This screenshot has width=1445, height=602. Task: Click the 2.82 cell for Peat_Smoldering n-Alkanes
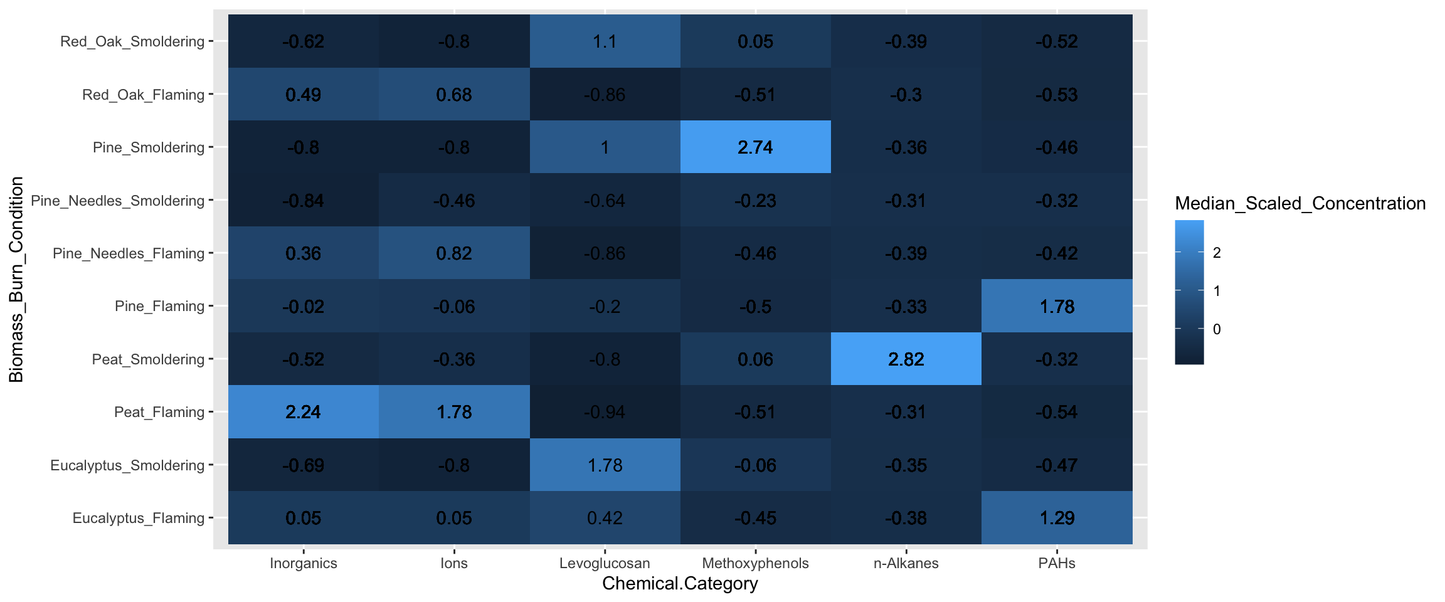click(x=906, y=359)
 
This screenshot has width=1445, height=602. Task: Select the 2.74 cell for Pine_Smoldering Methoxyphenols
click(x=755, y=147)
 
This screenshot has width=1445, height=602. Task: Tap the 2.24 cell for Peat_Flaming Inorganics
click(x=303, y=412)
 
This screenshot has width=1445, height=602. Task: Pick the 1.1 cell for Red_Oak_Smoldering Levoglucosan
click(x=605, y=41)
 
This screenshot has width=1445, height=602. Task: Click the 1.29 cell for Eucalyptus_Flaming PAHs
click(x=1057, y=518)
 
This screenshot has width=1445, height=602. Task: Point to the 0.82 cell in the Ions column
click(x=454, y=253)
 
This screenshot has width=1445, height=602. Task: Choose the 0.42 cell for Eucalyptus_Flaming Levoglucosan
click(x=605, y=518)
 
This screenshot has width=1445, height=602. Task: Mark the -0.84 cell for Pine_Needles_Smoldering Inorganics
click(x=303, y=201)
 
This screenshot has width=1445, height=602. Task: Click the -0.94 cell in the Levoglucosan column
click(x=605, y=412)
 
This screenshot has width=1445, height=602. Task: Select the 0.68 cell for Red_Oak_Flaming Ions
click(x=454, y=95)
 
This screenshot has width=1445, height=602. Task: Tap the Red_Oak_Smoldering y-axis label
click(x=132, y=41)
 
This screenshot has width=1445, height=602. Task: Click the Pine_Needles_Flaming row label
click(x=129, y=253)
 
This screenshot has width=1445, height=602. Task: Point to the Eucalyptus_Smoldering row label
click(x=127, y=465)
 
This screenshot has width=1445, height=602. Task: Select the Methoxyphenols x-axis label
click(x=755, y=563)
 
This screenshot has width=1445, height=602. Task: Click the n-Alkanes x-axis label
click(x=906, y=563)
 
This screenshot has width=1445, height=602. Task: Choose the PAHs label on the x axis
click(x=1057, y=563)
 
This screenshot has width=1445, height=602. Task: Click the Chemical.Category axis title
click(x=680, y=584)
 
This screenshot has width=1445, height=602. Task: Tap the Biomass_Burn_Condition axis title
click(x=16, y=280)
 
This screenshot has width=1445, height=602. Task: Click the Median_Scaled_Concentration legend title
click(x=1300, y=203)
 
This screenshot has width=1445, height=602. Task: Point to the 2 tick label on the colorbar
click(x=1217, y=253)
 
